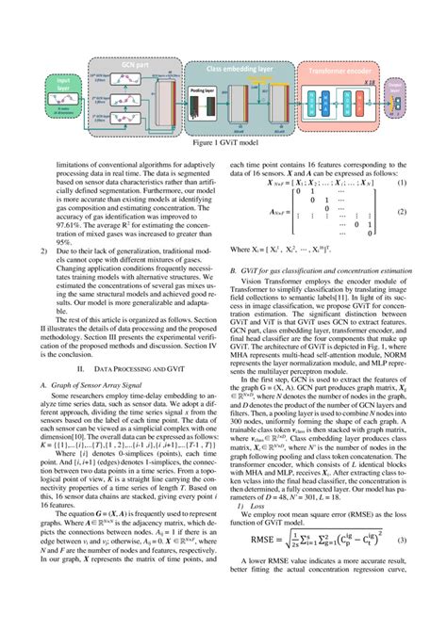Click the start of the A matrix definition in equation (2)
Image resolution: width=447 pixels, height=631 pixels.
[248, 214]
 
